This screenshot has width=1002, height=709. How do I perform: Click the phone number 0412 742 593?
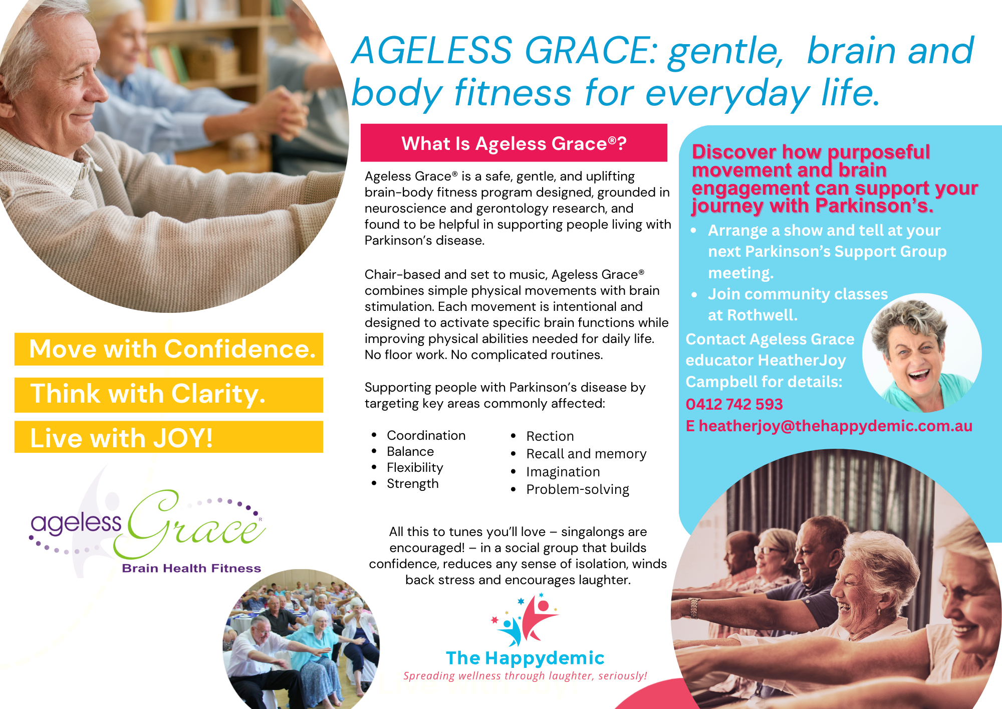coord(734,404)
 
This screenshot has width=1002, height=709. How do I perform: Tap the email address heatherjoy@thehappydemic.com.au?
coord(835,426)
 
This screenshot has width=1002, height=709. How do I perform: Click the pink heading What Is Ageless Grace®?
coord(514,143)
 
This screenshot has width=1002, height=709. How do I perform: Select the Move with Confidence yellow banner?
coord(169,349)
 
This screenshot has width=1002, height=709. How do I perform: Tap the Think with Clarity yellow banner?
coord(169,395)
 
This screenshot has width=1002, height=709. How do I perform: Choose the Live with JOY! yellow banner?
coord(169,437)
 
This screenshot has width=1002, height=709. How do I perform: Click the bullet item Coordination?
coord(426,435)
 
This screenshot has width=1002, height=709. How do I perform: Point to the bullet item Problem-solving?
coord(578,489)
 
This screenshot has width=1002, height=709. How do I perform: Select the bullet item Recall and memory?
coord(586,454)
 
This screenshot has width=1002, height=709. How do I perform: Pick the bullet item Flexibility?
coord(415,467)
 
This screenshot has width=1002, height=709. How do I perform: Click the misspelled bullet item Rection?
coord(550,436)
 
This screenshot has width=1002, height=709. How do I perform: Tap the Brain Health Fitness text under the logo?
coord(191,568)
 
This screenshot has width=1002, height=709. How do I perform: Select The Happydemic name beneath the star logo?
coord(525,658)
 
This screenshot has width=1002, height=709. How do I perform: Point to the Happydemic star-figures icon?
coord(524,620)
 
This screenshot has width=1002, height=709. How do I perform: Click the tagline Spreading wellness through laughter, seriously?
coord(525,676)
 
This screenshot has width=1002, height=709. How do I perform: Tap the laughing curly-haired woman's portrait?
coord(922,353)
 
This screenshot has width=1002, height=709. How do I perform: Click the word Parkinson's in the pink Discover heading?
coord(874,206)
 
